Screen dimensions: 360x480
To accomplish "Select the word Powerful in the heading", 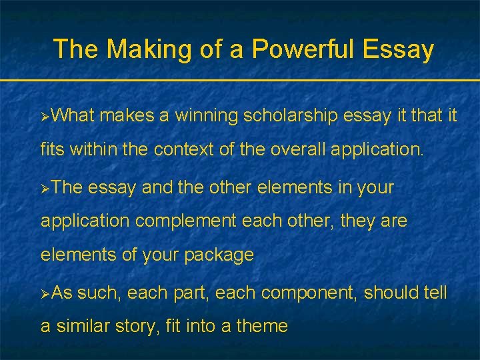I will click(291, 49).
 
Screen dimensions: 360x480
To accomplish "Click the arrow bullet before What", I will click(45, 117).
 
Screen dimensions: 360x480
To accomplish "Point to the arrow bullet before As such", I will click(45, 293).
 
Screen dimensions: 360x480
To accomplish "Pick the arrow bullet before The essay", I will click(45, 189).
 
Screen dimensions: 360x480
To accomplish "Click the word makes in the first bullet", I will click(127, 116).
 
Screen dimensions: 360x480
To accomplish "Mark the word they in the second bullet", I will click(359, 221).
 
